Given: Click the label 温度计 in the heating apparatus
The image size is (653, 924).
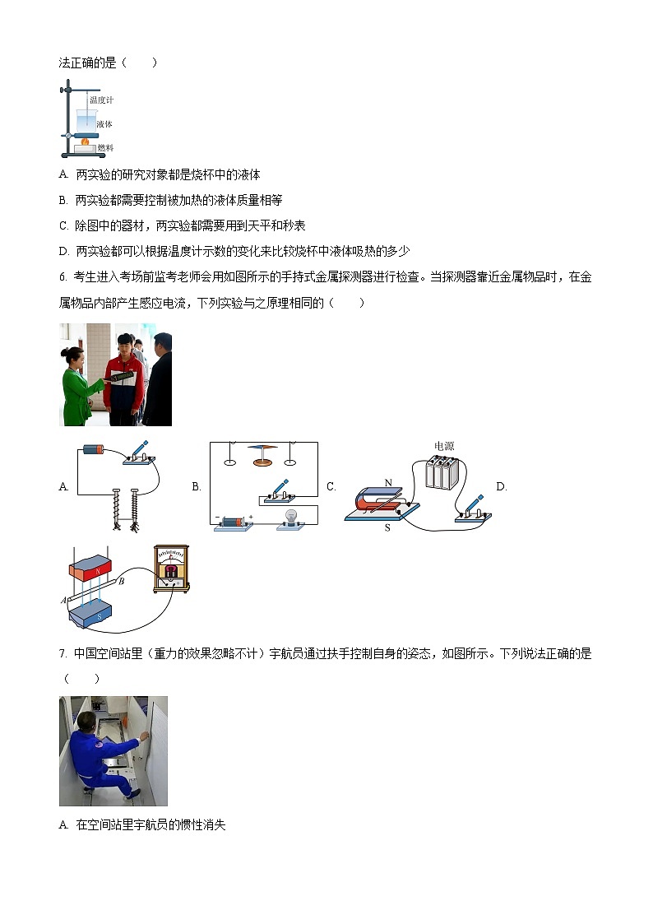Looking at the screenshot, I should coord(101,100).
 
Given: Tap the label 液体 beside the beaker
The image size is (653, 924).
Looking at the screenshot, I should coord(104,124).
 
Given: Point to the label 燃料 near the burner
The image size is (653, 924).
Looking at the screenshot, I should coord(104,148).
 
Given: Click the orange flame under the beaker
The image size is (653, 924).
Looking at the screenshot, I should coord(85,142).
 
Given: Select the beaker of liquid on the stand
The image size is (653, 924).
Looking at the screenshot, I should coord(85,120).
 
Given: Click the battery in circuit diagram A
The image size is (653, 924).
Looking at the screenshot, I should coord(92,449).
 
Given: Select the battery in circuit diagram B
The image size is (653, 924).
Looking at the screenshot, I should coord(234,522).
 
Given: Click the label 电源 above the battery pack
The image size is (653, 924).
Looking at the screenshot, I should coord(444,446).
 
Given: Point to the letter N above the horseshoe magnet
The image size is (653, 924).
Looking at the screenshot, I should coord(387,483).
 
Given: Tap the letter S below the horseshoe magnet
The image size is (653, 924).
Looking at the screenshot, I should coord(387,528).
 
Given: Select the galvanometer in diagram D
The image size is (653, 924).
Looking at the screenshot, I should coord(172,569).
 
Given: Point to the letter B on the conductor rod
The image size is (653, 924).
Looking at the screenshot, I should coord(121,583).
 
